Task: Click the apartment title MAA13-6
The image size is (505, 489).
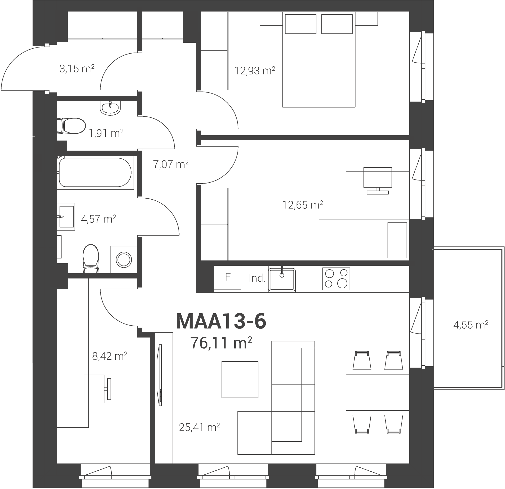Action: (x=221, y=321)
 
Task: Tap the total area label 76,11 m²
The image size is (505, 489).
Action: (x=221, y=343)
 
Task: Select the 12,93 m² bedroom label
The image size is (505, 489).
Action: (x=255, y=70)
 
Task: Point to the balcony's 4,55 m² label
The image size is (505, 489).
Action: (x=471, y=325)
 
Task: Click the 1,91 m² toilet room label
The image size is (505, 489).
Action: (x=106, y=133)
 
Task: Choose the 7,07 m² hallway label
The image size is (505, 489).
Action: (x=171, y=164)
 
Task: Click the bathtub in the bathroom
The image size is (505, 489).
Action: (x=95, y=172)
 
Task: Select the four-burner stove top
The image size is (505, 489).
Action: (x=336, y=279)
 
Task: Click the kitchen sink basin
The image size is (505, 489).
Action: (x=282, y=280)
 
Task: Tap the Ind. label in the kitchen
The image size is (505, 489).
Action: (x=257, y=278)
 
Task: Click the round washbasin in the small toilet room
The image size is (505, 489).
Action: (x=110, y=108)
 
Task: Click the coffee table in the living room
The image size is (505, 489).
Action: (x=240, y=379)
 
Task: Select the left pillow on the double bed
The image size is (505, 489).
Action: (x=301, y=24)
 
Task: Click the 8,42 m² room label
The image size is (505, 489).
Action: (x=109, y=356)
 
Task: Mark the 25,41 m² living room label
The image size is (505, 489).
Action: (x=199, y=427)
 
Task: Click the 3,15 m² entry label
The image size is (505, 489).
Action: (x=77, y=69)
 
